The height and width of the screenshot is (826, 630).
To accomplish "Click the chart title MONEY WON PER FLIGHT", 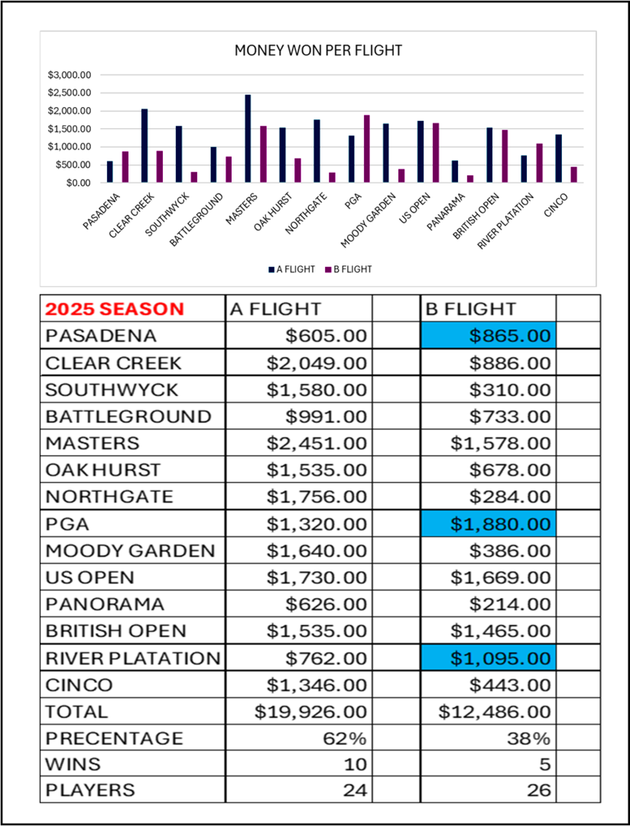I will pos(318,51).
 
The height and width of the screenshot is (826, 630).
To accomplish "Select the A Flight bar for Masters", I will pos(248,139).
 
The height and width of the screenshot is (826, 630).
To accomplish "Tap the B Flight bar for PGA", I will pos(366,149).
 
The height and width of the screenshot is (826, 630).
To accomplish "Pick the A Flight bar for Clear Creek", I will pos(145,146).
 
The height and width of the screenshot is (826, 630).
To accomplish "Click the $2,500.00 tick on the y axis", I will pos(70,93).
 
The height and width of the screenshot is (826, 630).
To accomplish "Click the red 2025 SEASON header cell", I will pos(115,309).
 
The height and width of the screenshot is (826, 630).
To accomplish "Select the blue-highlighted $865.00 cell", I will pos(488,336).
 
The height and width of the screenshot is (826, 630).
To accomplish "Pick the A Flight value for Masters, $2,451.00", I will pos(317,443).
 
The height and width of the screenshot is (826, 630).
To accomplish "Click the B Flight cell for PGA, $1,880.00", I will pos(488,524).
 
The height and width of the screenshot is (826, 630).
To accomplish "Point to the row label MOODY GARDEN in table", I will pos(130,551).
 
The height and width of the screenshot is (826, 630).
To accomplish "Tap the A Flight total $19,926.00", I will pos(310,711).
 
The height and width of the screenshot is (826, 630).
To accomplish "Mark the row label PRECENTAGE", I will pos(115,738).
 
